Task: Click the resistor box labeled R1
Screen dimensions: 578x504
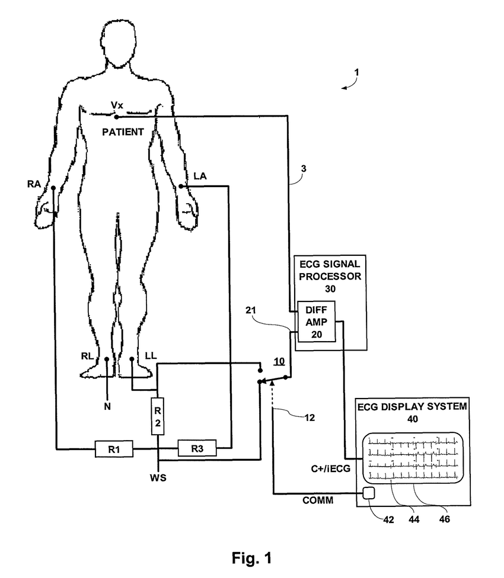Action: point(114,449)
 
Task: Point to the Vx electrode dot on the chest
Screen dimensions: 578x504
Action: point(117,117)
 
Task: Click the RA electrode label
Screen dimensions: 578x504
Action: point(34,184)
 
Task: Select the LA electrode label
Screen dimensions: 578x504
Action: point(200,176)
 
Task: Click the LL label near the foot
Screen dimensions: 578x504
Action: point(151,356)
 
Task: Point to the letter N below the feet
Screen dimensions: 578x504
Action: point(107,406)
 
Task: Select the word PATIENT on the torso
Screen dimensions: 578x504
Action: point(122,132)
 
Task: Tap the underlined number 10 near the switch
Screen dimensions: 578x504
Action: point(279,361)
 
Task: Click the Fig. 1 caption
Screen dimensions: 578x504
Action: point(251,557)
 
